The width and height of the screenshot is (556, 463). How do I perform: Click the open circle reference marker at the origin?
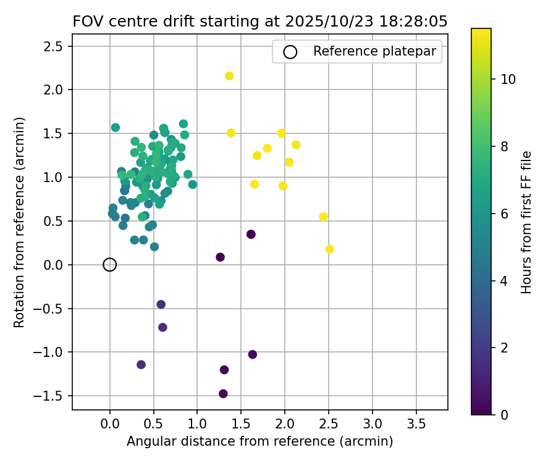click(110, 265)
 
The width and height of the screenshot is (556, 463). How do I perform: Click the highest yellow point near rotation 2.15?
click(229, 76)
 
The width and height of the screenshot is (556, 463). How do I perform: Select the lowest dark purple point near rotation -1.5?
click(223, 394)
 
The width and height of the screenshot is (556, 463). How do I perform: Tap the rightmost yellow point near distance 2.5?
click(329, 249)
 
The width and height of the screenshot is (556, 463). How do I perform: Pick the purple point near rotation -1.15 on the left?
click(141, 365)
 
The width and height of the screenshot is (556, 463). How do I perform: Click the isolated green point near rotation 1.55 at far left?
click(116, 128)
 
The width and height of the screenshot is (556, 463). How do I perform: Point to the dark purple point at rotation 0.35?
click(251, 235)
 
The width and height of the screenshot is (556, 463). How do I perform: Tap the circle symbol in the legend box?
click(290, 52)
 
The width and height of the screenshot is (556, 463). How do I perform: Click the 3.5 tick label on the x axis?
click(416, 424)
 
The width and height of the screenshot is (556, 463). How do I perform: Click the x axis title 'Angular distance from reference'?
click(259, 442)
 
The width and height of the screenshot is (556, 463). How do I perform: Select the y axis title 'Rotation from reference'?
click(19, 222)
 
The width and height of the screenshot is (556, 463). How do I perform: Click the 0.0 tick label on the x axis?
click(110, 424)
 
